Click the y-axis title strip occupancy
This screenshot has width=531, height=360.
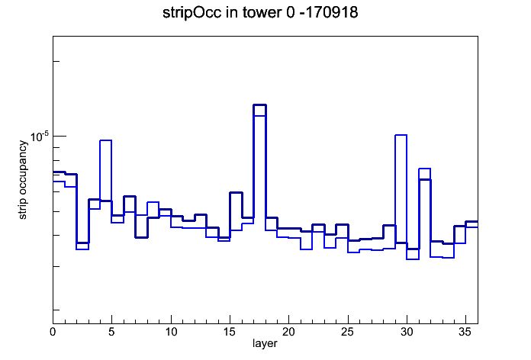click(22, 180)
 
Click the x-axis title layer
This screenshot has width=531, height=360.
click(265, 343)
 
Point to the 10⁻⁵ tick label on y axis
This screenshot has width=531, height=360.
click(40, 136)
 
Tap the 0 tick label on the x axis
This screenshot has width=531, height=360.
click(53, 332)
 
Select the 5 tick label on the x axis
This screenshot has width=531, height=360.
click(111, 332)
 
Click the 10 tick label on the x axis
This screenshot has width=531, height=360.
click(171, 332)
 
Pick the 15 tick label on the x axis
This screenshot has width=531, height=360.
click(230, 332)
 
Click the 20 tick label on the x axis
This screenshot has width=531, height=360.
click(288, 332)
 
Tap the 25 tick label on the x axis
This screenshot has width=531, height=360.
click(347, 332)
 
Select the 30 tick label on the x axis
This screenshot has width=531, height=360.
click(407, 332)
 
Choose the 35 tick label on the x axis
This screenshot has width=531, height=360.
click(465, 332)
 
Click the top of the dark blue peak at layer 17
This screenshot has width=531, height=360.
click(259, 105)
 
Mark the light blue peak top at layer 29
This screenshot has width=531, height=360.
click(401, 135)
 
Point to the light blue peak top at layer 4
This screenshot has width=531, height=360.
click(105, 140)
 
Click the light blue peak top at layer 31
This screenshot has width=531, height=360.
click(425, 169)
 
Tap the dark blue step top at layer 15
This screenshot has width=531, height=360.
click(236, 192)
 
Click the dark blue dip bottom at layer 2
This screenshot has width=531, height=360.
click(82, 243)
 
